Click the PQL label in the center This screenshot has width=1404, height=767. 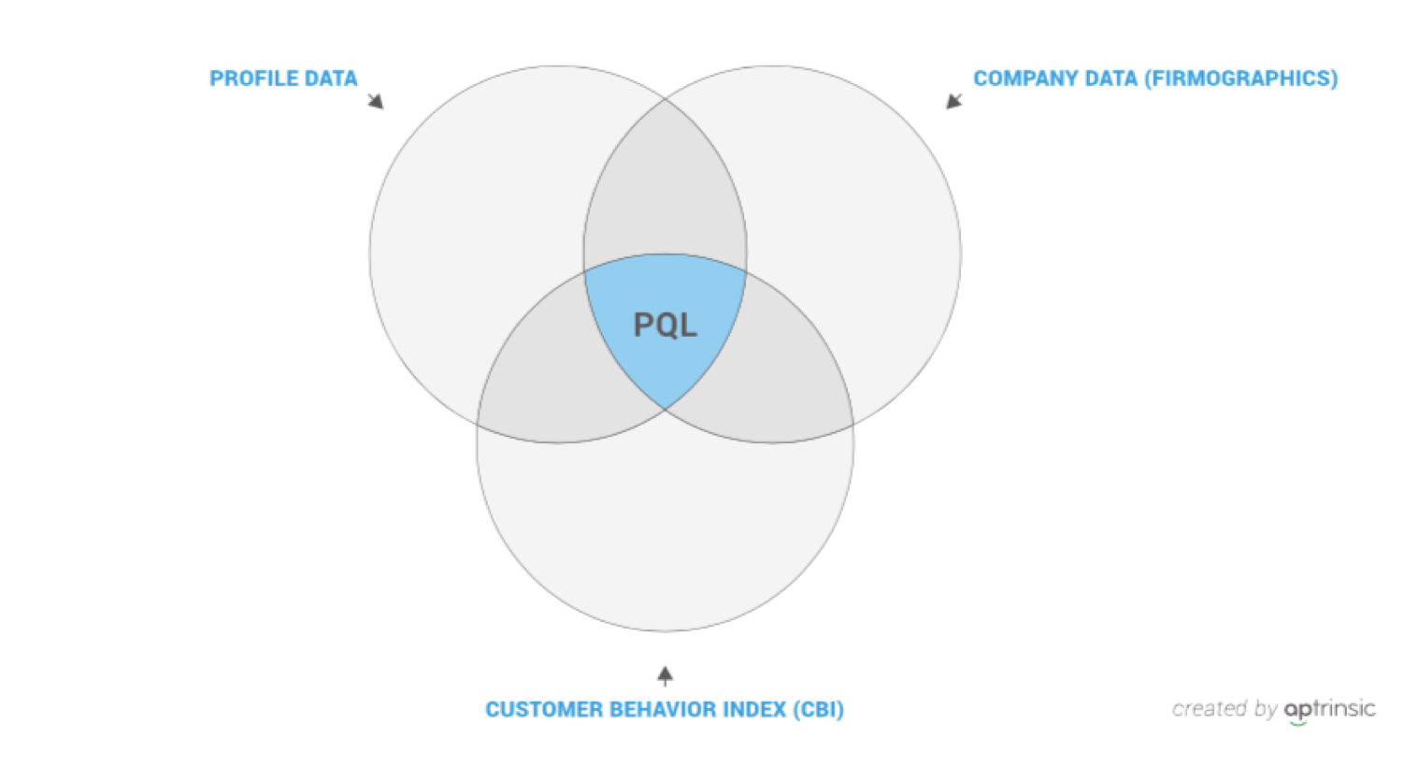coord(665,325)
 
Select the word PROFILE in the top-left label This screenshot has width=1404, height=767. coord(252,79)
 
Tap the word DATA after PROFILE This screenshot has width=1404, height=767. coord(331,79)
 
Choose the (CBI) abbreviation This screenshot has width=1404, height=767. coord(819,709)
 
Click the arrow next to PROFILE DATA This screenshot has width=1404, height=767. coord(376,101)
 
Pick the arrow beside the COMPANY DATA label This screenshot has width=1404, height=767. coord(954,101)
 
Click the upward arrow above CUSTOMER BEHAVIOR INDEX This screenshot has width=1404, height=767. coord(665,676)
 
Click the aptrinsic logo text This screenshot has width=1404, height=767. coord(1329,709)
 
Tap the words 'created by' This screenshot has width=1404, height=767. coord(1225,709)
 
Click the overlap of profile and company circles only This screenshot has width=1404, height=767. coord(665,188)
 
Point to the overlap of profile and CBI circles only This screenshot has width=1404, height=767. coord(552,376)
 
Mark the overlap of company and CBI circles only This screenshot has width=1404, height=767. coord(777,376)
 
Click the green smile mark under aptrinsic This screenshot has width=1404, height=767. coord(1297,724)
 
